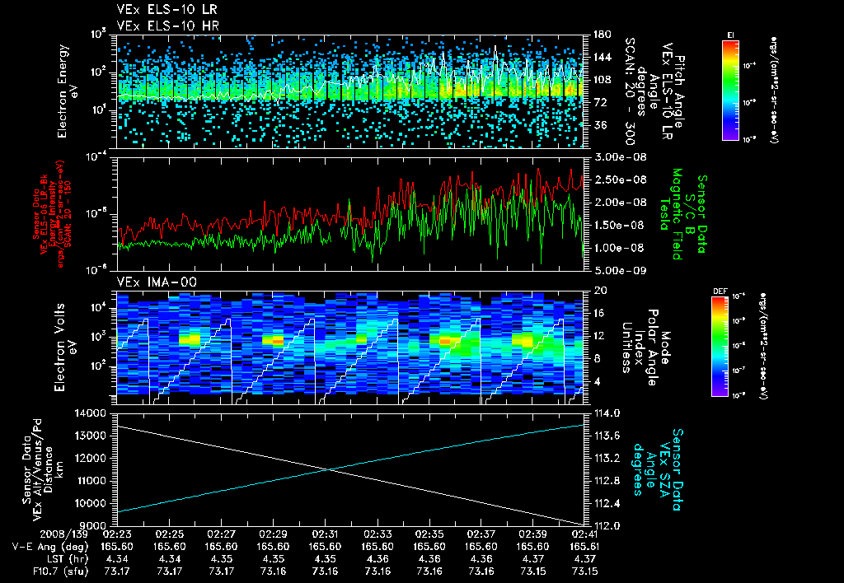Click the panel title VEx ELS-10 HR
point(161,25)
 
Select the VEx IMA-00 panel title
point(151,282)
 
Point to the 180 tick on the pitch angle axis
point(594,35)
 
